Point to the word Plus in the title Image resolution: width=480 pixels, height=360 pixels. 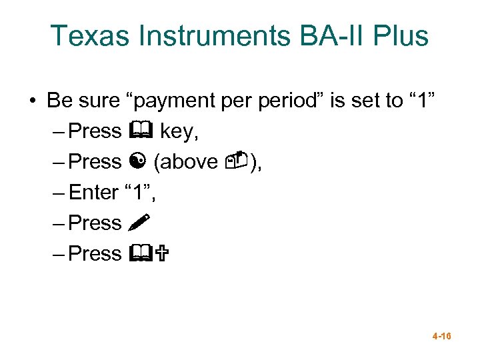click(399, 36)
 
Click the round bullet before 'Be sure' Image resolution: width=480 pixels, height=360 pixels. click(32, 101)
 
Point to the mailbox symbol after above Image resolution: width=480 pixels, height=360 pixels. click(237, 161)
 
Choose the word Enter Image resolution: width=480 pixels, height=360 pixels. click(93, 193)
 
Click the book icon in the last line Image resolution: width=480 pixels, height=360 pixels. click(140, 253)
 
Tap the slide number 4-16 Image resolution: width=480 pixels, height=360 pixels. click(441, 337)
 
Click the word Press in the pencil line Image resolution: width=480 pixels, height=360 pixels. click(95, 223)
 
